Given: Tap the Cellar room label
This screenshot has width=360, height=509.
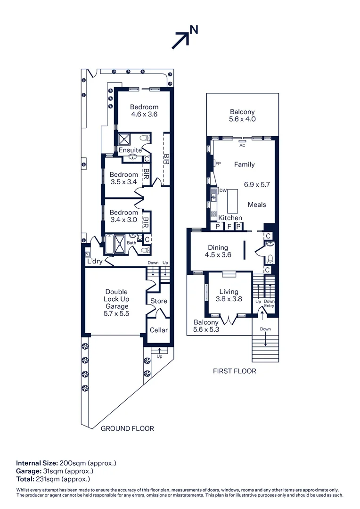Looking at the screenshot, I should click(x=158, y=330).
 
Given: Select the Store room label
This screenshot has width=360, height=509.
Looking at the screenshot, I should click(x=158, y=301).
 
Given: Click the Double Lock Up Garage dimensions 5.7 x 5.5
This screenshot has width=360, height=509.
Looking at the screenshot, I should click(x=116, y=313).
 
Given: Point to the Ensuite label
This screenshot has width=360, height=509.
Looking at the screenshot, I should click(x=130, y=150).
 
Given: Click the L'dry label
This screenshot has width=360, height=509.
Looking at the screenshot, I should click(x=94, y=261).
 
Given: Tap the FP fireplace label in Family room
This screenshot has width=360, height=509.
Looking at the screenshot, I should click(x=218, y=164).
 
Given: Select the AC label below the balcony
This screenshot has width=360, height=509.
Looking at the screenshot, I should click(x=242, y=145).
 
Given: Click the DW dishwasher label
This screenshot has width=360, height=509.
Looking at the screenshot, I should click(x=223, y=190).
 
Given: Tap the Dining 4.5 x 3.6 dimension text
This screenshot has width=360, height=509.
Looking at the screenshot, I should click(x=218, y=255).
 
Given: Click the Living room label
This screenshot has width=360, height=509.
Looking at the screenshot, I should click(x=229, y=292).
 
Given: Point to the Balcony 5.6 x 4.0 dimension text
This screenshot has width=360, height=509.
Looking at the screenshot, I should click(x=242, y=119).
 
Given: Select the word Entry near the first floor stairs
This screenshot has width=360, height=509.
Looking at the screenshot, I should click(x=269, y=306).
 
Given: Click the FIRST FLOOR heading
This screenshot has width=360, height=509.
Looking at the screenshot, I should click(x=234, y=371).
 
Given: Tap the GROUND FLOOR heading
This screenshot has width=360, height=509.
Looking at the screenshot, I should click(x=127, y=428).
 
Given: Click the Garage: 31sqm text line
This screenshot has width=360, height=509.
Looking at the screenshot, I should click(x=55, y=471).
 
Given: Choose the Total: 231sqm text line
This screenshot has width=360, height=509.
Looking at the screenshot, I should click(x=53, y=479).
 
